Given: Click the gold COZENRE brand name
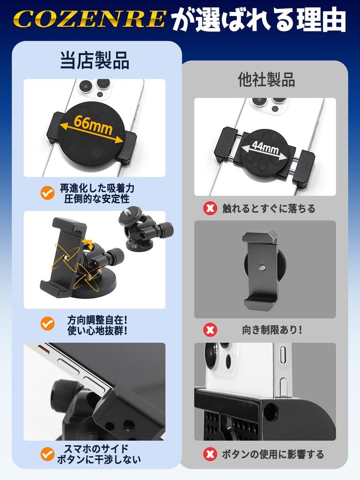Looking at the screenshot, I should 89,20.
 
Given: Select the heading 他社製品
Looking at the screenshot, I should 266,80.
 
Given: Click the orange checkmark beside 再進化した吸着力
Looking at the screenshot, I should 47,193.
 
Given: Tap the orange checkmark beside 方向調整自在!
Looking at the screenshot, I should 47,323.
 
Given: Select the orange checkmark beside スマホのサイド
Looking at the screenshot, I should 47,454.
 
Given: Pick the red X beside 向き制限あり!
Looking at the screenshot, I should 210,330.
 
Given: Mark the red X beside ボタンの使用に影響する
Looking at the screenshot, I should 210,454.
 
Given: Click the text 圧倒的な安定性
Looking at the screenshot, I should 97,198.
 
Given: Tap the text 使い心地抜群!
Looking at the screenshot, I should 97,330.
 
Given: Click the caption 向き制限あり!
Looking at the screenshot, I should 272,330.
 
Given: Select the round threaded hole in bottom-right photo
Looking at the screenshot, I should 271,412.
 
